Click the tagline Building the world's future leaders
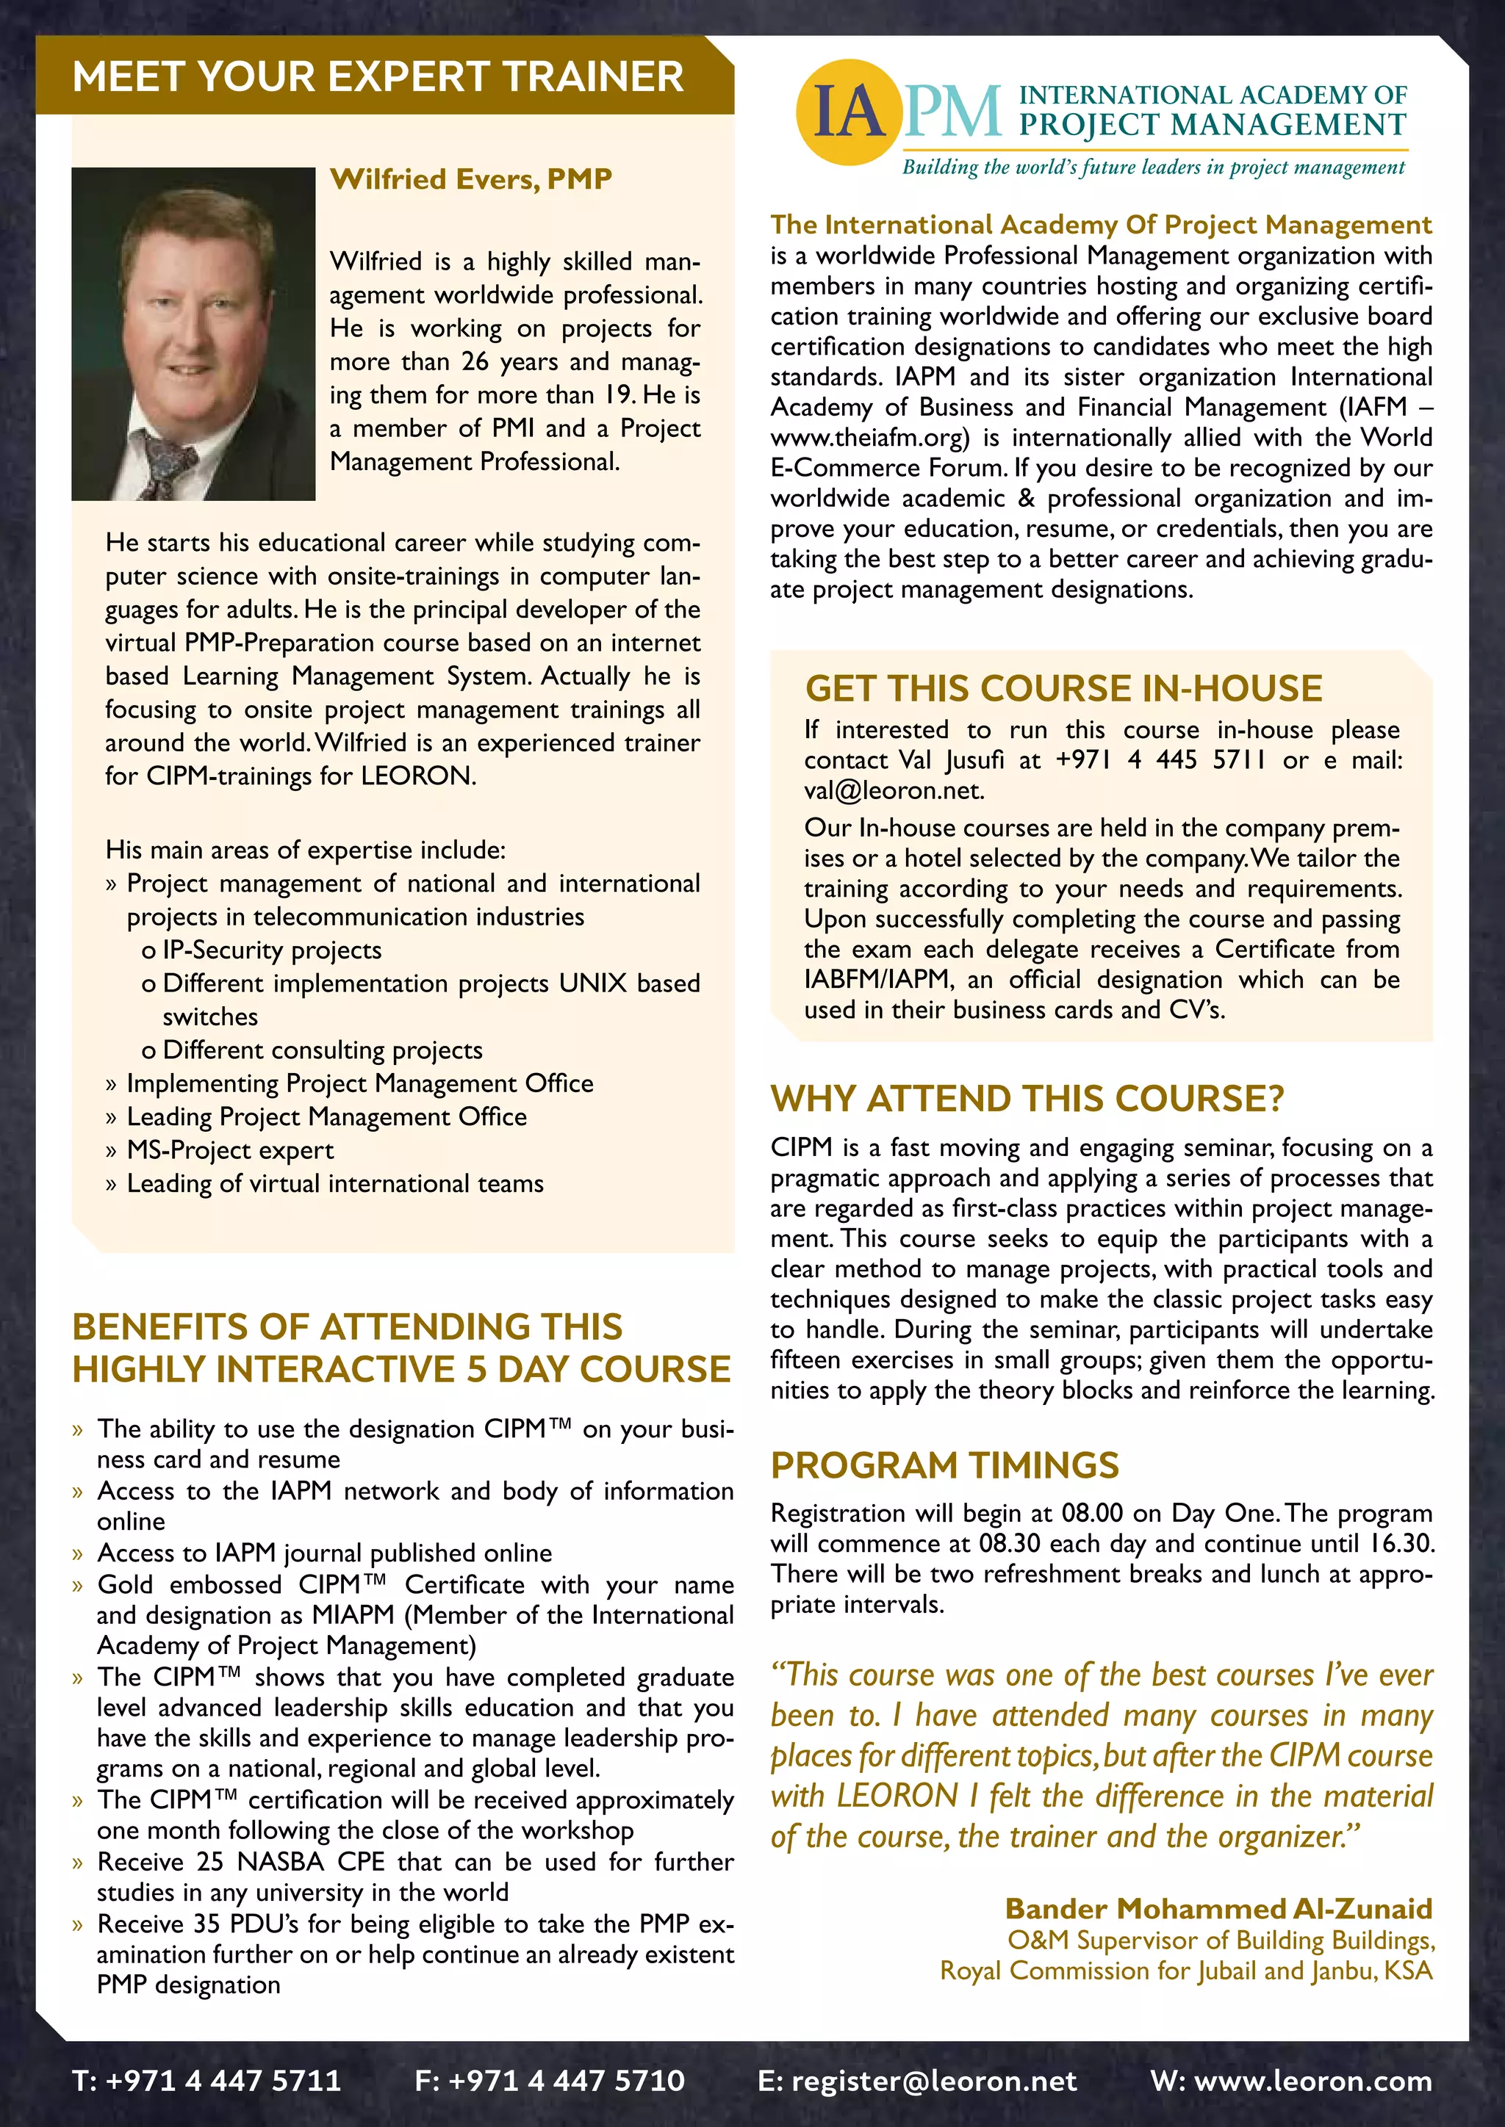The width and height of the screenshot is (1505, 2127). [x=1153, y=167]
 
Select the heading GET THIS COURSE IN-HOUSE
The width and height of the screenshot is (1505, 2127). [x=1063, y=689]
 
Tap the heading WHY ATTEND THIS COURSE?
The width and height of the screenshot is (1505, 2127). [x=1027, y=1099]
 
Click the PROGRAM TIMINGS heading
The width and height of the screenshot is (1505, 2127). [x=944, y=1465]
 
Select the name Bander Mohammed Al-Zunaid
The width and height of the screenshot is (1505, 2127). [x=1218, y=1908]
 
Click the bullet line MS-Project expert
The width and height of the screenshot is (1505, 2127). [x=230, y=1151]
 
